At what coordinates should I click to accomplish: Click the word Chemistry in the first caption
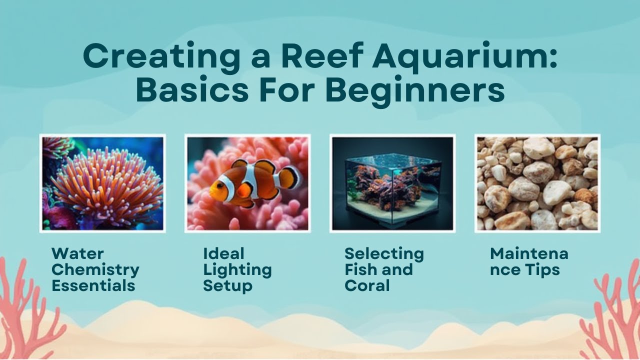tap(95, 270)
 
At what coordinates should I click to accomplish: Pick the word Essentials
tap(93, 286)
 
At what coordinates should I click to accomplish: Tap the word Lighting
tap(237, 270)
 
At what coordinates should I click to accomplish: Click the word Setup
tap(227, 286)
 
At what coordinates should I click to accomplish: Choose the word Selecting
tap(384, 254)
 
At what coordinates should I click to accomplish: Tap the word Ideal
tap(223, 254)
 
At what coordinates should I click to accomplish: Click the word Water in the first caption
tap(77, 254)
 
